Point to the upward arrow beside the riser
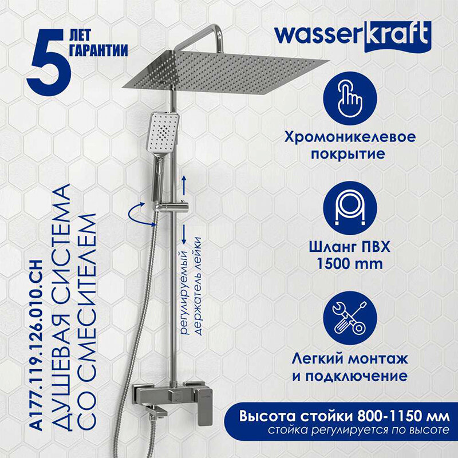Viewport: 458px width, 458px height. coord(184,184)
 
